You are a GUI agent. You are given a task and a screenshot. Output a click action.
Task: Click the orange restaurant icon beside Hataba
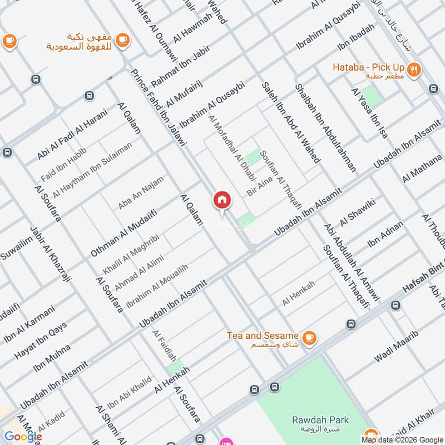click(413, 70)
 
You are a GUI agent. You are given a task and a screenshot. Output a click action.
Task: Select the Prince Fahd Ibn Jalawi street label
click(158, 108)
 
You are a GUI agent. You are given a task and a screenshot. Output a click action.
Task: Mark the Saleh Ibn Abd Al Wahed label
click(290, 122)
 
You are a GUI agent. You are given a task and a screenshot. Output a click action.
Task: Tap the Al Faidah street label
click(164, 345)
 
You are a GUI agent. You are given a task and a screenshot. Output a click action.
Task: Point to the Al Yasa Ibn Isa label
click(369, 113)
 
